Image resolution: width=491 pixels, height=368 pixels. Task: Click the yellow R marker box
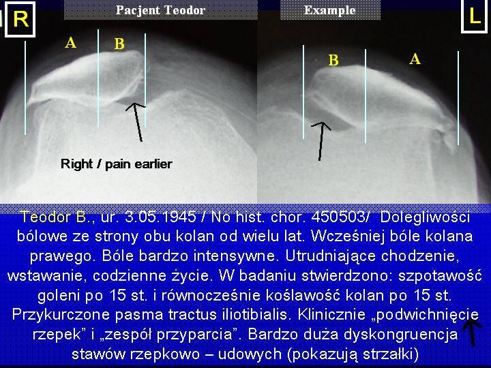(20, 19)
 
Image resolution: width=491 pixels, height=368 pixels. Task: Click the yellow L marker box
(475, 16)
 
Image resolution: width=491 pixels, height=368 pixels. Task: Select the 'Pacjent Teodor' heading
(161, 10)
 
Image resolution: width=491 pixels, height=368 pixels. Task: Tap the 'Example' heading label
(330, 10)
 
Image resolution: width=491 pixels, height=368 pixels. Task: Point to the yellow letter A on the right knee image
(71, 42)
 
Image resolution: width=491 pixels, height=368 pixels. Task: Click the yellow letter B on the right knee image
(119, 44)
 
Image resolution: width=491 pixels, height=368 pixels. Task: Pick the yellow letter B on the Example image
(333, 60)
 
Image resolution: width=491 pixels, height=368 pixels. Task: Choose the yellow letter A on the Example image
(415, 59)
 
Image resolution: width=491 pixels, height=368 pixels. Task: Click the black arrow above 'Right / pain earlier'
(137, 122)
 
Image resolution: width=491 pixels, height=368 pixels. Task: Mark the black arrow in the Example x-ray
(321, 141)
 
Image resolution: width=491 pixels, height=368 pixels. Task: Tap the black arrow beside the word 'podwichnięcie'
(472, 333)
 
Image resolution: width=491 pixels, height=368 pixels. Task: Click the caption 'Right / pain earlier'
(117, 164)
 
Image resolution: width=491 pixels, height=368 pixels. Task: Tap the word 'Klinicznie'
(331, 314)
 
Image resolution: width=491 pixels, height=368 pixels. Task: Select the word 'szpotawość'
(440, 276)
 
